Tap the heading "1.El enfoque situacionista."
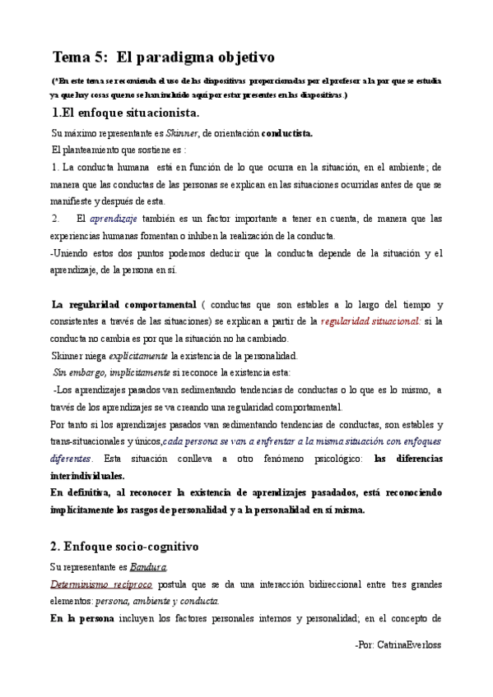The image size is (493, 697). (x=124, y=113)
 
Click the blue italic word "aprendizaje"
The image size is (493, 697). (x=113, y=219)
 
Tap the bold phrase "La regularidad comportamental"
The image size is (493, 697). (x=123, y=304)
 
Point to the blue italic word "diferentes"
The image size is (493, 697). (x=71, y=458)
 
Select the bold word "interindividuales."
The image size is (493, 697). (x=87, y=475)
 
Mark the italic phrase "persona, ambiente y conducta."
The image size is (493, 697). (x=154, y=601)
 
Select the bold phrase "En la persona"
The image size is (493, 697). (x=81, y=618)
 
